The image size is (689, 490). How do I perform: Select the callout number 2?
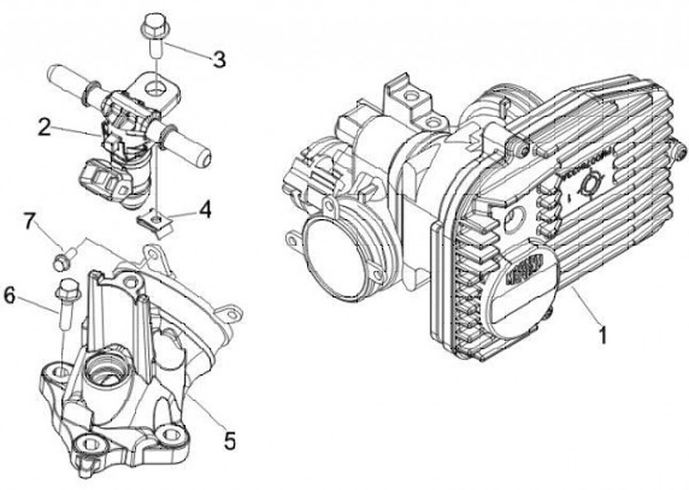click(x=44, y=125)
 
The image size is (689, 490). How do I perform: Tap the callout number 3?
click(x=219, y=60)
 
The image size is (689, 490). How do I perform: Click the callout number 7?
click(x=30, y=223)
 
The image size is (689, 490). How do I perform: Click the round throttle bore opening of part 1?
click(x=335, y=254)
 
